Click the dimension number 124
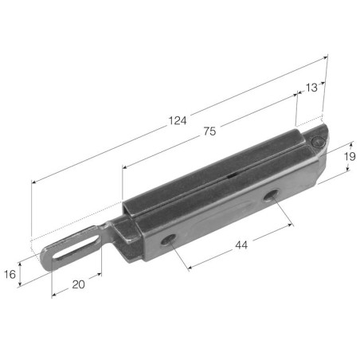point(178,121)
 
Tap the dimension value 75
point(209,131)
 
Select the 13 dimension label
point(311,88)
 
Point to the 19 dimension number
point(350,157)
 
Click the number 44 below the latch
point(241,245)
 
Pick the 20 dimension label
point(78,284)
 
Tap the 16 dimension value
point(10,274)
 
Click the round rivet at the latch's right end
point(318,143)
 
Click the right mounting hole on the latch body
point(271,195)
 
